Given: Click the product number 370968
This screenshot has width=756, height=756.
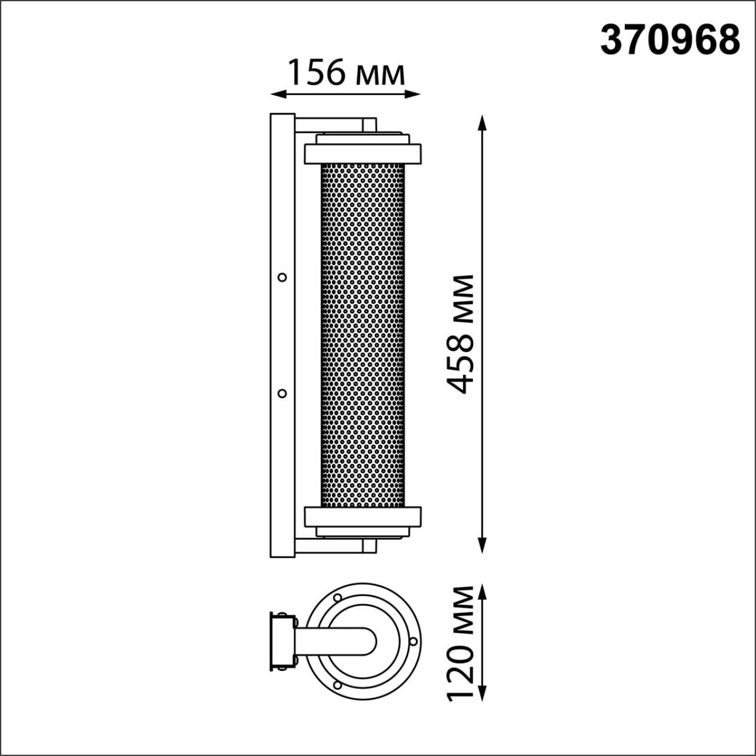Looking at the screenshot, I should tap(670, 40).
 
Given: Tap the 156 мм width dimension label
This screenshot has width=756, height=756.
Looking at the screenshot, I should tap(346, 73).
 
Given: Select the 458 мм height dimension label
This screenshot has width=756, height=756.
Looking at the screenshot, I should tap(461, 334).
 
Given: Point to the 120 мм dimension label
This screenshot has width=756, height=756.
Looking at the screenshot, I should tap(461, 643).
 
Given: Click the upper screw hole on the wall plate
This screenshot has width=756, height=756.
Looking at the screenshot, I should tap(282, 277).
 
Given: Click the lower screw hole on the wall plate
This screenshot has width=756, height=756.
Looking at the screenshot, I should tap(282, 393).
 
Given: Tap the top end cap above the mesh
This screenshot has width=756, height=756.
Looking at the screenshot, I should tap(363, 154).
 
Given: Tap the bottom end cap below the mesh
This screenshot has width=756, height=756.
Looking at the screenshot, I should tap(363, 516).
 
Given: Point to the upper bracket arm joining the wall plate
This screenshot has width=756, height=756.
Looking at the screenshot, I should tap(335, 125).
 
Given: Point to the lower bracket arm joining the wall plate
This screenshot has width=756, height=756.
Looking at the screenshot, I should tap(335, 546).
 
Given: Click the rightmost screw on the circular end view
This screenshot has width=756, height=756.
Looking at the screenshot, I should tap(413, 641).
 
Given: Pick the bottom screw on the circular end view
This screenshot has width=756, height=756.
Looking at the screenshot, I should tap(337, 685).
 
